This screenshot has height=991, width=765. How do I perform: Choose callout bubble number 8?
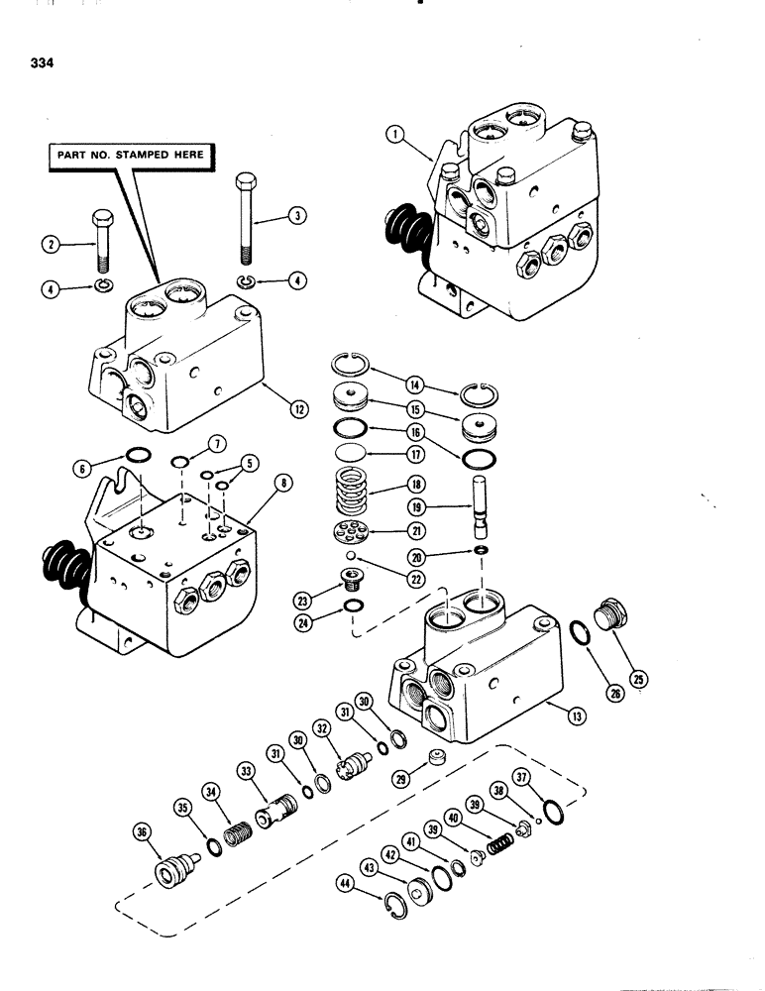284,485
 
